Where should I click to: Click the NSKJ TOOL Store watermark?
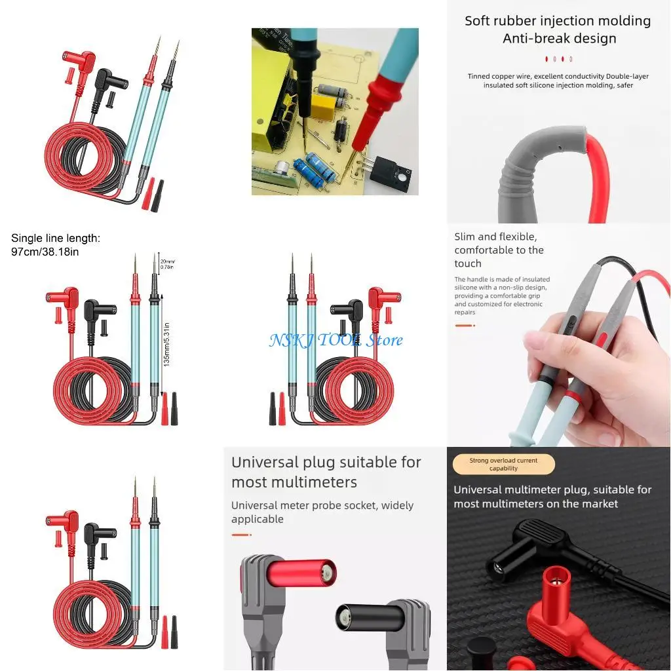(x=335, y=339)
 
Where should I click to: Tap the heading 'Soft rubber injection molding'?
(x=558, y=21)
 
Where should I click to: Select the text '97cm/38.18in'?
(x=45, y=252)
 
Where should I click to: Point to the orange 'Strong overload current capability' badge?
(x=503, y=465)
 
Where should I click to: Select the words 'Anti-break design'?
(x=559, y=39)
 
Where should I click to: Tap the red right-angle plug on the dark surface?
(x=557, y=609)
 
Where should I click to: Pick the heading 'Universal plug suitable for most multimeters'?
(x=326, y=472)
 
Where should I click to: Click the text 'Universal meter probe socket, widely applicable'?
(x=322, y=512)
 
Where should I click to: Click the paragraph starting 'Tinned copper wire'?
(x=558, y=81)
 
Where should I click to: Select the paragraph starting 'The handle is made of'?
(x=502, y=296)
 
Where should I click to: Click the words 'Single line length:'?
(x=56, y=239)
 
